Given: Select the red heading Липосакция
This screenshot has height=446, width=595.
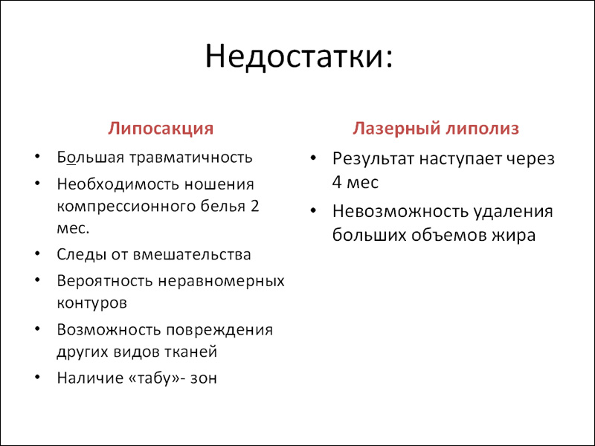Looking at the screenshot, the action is [x=161, y=129].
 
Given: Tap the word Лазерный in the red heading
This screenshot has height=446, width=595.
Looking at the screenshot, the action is [x=396, y=129].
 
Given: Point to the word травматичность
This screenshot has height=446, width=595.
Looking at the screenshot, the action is [x=191, y=158].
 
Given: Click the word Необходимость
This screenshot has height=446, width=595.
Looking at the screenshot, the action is [x=118, y=184].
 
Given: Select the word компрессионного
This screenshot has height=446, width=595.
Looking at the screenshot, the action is [x=123, y=207].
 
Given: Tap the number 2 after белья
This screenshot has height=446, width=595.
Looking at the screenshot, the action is [x=254, y=207].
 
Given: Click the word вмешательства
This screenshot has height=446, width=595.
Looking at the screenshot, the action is [x=192, y=254].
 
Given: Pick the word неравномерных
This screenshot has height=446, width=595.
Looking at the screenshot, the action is [x=221, y=282].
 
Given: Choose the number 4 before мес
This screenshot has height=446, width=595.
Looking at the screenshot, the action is [x=337, y=182].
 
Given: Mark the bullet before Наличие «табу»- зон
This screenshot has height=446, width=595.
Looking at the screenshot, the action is [x=36, y=378].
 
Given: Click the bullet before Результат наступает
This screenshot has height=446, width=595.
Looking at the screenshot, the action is [x=313, y=158].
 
